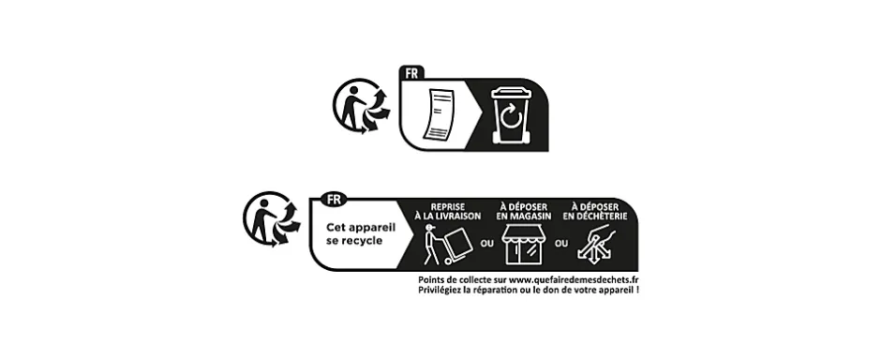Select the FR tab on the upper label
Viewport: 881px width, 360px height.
[x=410, y=72]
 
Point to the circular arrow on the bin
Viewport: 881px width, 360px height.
[x=511, y=121]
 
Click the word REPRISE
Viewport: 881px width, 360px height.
[x=449, y=205]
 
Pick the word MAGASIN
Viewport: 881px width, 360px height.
[x=531, y=216]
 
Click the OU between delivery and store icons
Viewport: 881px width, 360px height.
[x=486, y=244]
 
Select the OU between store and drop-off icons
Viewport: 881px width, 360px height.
[x=561, y=244]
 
